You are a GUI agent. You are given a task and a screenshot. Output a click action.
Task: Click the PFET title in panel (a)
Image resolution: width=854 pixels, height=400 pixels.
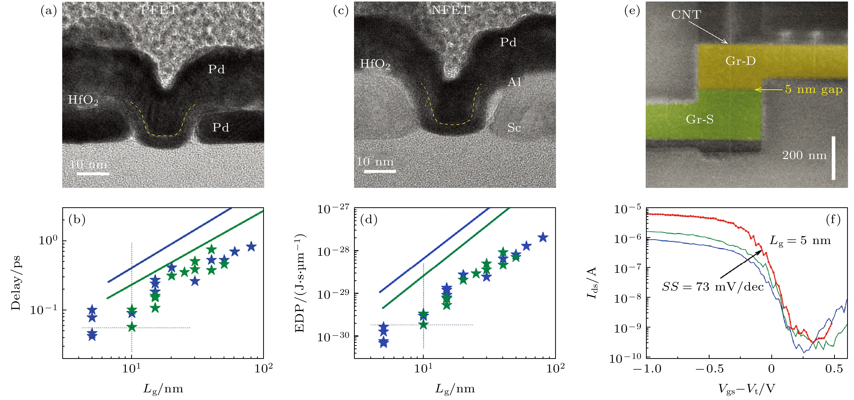[159, 10]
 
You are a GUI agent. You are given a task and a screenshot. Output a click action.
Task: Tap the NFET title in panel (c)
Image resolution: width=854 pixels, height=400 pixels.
[450, 10]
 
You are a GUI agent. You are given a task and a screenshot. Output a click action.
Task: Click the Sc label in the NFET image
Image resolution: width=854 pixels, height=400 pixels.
[514, 128]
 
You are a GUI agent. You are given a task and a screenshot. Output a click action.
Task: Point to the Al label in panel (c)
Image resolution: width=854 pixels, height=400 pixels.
[514, 82]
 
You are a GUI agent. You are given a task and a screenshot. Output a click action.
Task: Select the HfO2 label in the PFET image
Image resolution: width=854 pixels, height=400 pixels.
[83, 100]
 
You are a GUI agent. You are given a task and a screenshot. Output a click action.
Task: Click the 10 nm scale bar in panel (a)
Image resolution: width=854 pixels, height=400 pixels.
[93, 173]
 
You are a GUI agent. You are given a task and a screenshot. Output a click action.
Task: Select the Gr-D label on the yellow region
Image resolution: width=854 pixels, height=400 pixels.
[740, 61]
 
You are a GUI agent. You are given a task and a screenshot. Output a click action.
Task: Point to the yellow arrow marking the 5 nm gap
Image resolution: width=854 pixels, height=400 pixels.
[768, 90]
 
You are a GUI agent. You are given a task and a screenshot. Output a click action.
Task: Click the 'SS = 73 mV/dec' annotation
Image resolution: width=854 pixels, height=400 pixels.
[713, 287]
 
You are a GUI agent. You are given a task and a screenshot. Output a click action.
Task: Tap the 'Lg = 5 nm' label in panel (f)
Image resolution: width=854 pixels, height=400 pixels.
[800, 240]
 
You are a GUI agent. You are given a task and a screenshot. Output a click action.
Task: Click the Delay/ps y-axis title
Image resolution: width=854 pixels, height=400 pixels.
[16, 283]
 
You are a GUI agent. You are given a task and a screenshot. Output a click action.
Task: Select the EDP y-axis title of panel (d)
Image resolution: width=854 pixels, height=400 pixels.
[300, 283]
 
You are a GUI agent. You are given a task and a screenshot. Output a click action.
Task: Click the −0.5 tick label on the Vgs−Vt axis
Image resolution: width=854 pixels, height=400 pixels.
[710, 369]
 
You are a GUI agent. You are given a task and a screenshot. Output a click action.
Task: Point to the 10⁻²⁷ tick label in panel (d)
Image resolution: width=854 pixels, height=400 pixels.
[333, 209]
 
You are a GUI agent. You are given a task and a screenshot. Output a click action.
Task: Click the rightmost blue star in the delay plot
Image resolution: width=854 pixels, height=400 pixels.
[251, 246]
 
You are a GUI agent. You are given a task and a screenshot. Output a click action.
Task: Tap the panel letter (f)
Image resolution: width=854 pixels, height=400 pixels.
[833, 220]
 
